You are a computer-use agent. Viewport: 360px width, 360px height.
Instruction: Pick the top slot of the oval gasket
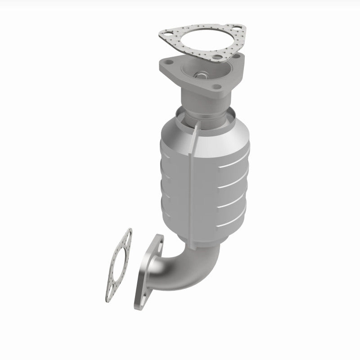(x=128, y=234)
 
